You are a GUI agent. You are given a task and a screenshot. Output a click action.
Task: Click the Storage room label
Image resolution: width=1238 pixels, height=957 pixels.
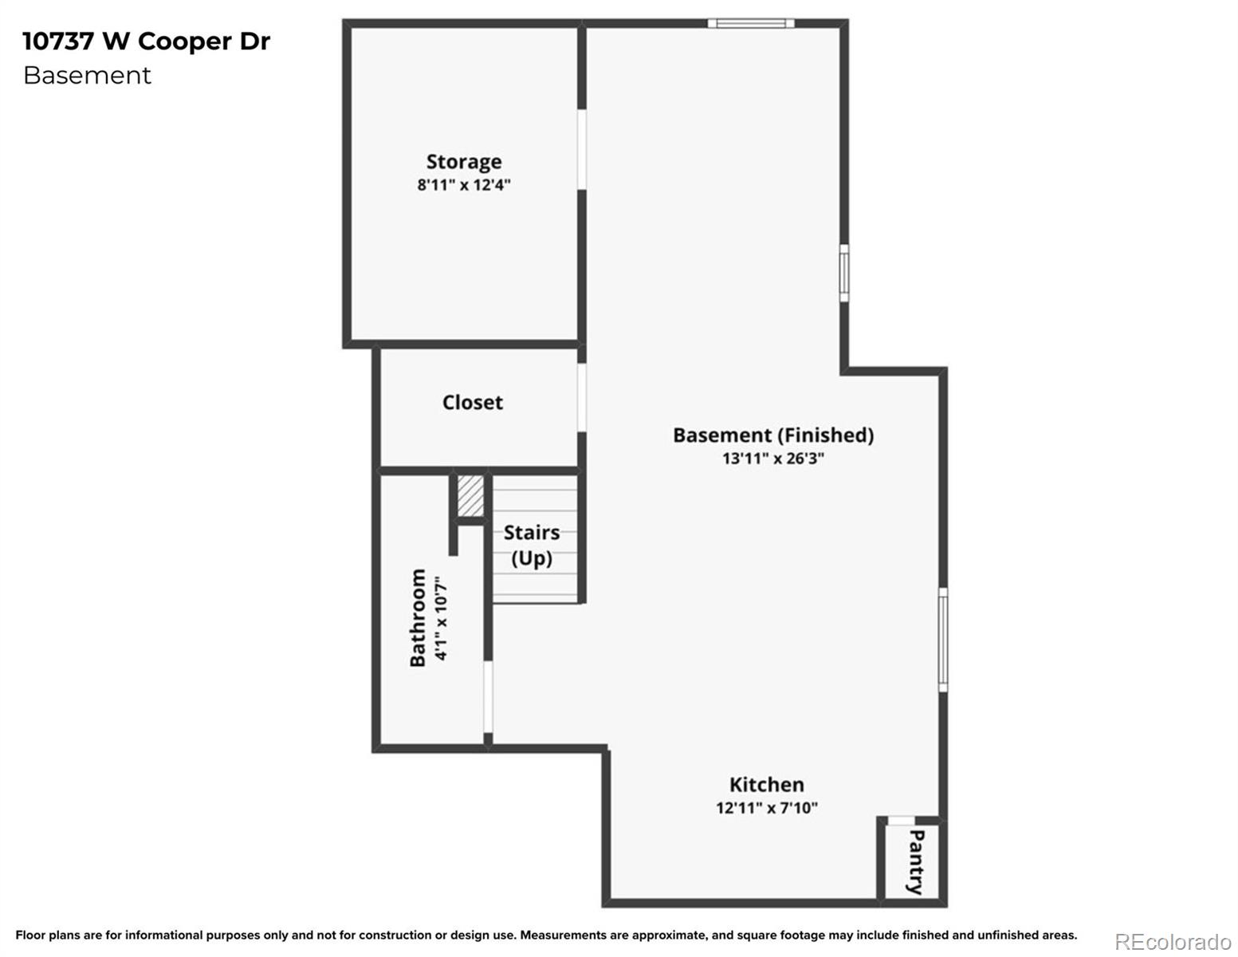pos(464,162)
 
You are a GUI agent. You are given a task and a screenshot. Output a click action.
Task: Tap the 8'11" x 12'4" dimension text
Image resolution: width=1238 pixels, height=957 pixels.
pos(464,185)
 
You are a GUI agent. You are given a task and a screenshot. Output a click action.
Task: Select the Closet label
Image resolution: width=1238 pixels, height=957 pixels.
pos(472,403)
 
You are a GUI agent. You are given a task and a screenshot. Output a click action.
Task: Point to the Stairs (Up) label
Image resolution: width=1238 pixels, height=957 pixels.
pos(532,545)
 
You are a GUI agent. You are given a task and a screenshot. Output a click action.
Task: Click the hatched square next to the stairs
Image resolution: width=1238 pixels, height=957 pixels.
pos(470,496)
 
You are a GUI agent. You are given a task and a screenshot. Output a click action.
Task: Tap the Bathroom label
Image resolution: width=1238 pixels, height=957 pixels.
pos(418,617)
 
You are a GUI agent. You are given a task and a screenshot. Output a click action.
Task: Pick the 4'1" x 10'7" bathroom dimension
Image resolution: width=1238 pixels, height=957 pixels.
pos(441,618)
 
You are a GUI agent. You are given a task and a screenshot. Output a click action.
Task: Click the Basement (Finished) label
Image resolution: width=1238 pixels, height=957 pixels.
pos(773,435)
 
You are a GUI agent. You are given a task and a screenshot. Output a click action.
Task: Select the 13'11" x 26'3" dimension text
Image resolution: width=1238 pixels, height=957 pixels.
pos(773,459)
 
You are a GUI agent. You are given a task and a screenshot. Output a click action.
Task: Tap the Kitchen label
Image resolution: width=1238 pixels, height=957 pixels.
pos(767,784)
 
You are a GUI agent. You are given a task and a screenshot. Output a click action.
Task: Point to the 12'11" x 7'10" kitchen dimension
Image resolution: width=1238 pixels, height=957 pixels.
pos(767,808)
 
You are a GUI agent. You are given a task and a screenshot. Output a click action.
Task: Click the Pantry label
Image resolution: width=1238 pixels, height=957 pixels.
pos(915,862)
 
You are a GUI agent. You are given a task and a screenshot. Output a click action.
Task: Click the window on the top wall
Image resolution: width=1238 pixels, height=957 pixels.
pos(751,23)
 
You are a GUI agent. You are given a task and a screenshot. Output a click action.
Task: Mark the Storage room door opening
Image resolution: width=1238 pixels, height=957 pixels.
pos(582,149)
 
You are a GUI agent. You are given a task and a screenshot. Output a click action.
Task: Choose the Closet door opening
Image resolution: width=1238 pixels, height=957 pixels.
pos(582,398)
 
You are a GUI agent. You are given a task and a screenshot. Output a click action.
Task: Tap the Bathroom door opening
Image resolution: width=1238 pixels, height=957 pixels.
pos(488,696)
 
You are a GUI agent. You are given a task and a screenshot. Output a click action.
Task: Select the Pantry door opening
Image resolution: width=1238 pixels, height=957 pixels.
pos(902,821)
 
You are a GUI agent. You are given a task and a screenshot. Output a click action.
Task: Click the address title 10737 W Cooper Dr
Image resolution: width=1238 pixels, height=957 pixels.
pos(147,41)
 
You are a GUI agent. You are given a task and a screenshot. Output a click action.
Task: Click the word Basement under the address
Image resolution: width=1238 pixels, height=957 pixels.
pos(87,75)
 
